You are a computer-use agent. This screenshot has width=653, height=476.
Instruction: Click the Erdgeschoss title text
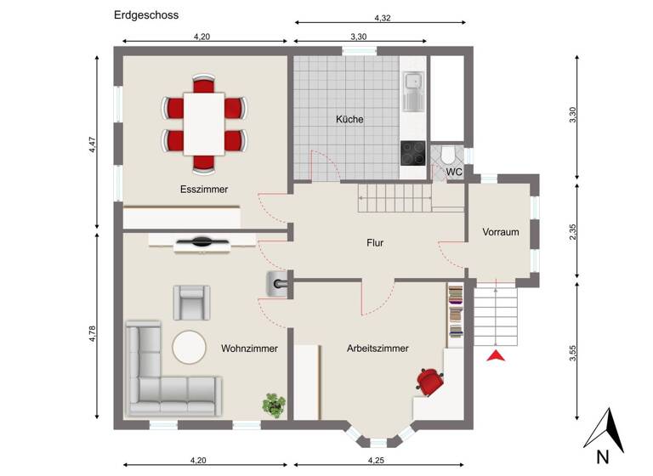146,14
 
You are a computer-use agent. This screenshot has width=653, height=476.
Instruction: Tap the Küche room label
349,120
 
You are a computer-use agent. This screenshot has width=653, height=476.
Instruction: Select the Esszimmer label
203,189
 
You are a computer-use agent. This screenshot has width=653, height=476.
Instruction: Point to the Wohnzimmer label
249,348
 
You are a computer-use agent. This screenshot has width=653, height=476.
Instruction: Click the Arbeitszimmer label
378,348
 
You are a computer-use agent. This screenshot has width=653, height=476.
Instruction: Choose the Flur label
375,243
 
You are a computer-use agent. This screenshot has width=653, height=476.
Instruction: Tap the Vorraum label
500,232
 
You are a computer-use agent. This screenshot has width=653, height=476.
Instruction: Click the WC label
454,173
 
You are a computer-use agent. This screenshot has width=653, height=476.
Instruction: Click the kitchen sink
413,90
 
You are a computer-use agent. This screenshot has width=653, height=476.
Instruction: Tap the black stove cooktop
413,153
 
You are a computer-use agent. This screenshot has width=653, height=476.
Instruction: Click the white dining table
204,123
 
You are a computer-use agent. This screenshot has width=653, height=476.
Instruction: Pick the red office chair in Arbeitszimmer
430,381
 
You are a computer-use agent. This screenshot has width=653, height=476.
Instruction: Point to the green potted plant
274,405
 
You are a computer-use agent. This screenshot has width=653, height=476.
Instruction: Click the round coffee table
189,348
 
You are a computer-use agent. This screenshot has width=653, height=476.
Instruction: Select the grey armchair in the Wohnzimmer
191,302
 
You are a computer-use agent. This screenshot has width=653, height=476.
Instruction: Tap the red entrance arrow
496,355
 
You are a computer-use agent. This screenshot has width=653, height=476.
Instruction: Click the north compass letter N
602,456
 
